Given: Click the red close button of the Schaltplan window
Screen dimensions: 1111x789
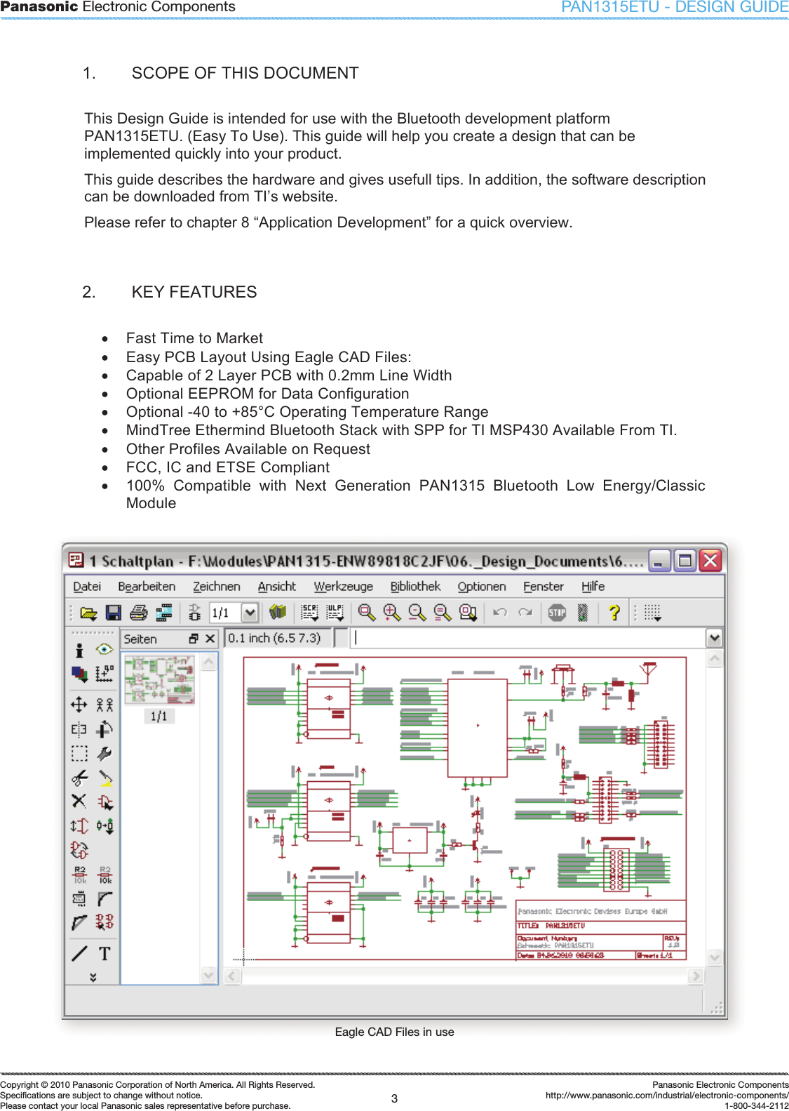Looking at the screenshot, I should (710, 560).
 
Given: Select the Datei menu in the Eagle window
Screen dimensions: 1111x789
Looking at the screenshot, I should (87, 586).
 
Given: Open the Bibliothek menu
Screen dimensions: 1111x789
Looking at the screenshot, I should (415, 586).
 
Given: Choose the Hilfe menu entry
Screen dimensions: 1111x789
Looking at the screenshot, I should (593, 586).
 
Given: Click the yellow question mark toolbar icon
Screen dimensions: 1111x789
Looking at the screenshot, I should (614, 613).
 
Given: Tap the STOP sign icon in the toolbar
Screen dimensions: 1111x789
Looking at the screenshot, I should (557, 613).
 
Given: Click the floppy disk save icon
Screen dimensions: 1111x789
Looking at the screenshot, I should (113, 613).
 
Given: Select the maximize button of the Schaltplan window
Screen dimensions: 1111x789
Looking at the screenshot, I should (685, 560).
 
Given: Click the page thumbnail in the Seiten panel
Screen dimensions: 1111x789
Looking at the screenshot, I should (159, 679).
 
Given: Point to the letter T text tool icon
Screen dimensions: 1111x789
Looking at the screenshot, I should (104, 953).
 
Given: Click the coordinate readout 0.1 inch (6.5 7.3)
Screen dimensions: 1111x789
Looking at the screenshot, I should (274, 638).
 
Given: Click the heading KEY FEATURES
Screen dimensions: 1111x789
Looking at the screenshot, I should (194, 292).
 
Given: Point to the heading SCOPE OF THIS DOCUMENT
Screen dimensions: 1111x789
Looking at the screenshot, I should (245, 73).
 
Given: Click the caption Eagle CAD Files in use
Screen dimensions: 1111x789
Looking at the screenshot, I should (394, 1032).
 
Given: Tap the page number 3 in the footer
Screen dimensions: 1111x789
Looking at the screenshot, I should (394, 1098).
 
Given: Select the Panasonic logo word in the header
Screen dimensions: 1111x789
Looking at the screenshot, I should (39, 7).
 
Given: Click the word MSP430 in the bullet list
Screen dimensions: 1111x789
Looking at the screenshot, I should (518, 430).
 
